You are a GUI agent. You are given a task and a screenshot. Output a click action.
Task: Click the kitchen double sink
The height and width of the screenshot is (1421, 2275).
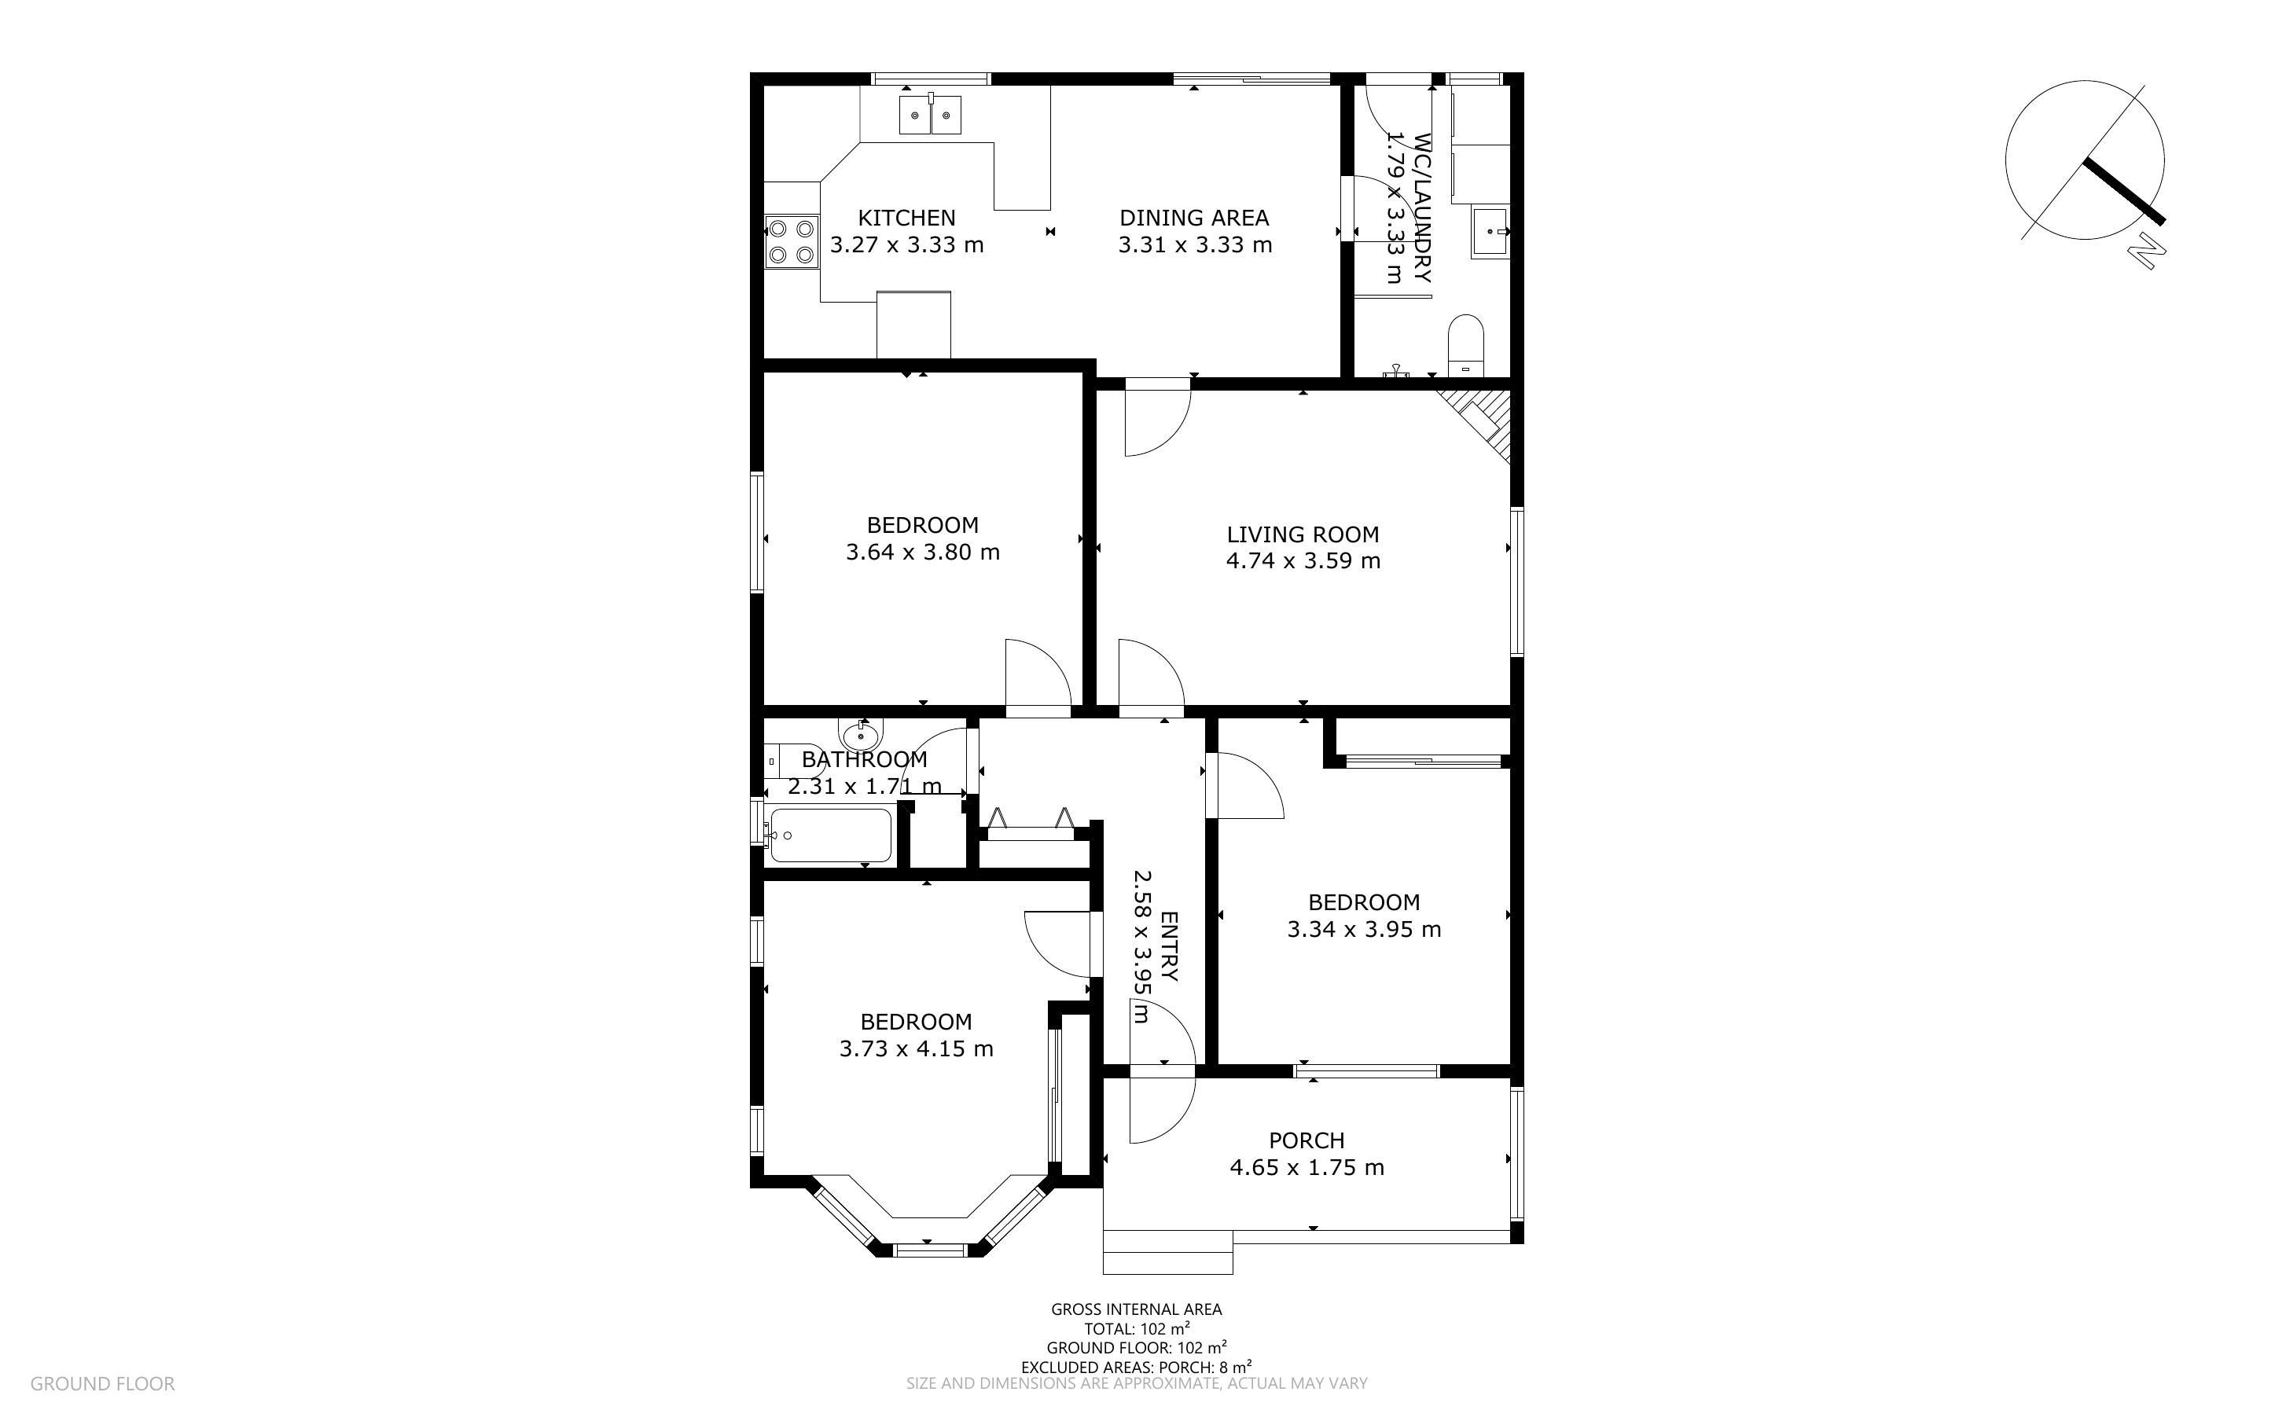click(x=929, y=115)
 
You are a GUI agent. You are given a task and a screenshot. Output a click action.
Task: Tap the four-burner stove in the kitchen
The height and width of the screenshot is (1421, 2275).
click(x=792, y=241)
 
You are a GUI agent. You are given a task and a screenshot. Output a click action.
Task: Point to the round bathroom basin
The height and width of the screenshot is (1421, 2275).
click(x=860, y=735)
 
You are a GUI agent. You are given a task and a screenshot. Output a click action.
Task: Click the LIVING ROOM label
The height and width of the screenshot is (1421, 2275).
click(x=1303, y=534)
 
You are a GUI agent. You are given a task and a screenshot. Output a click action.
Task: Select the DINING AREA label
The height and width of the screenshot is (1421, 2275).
click(x=1193, y=218)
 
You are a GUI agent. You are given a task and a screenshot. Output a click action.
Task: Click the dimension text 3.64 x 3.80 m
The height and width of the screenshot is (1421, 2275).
click(x=922, y=553)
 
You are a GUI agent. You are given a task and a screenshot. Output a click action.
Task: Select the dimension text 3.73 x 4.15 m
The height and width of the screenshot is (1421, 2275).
click(x=916, y=1048)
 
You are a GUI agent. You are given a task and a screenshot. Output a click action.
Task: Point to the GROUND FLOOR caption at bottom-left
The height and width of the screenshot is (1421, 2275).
click(x=102, y=1383)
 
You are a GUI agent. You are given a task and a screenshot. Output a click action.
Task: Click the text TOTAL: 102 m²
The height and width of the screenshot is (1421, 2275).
click(x=1137, y=1329)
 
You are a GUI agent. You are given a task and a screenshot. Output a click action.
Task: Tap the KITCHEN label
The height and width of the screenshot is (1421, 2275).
click(x=907, y=218)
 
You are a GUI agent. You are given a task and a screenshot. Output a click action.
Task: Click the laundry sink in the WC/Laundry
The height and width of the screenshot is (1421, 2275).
click(x=1490, y=233)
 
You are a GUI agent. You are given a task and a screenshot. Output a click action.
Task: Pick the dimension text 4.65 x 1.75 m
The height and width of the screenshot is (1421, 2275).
click(x=1307, y=1168)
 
